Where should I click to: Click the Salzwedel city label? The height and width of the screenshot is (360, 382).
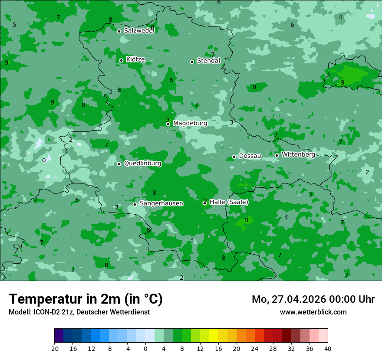[139, 31]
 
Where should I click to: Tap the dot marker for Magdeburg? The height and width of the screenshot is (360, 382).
[168, 124]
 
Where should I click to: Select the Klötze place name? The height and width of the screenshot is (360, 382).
[135, 60]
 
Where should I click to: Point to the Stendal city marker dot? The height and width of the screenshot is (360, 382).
[192, 62]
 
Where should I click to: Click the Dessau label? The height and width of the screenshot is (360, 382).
[250, 156]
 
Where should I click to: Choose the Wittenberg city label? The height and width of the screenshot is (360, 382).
[298, 155]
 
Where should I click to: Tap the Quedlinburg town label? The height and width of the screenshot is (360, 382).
[142, 164]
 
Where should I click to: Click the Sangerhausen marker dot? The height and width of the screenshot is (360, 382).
[135, 204]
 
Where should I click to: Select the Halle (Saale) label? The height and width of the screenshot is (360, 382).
[229, 202]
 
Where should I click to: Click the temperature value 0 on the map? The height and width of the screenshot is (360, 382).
[44, 160]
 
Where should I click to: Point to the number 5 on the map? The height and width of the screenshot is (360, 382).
[14, 25]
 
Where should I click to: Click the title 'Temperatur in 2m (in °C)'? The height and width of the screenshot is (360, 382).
[86, 299]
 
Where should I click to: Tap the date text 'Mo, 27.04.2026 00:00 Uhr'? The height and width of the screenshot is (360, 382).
[313, 299]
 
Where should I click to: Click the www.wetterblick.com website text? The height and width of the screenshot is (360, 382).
[313, 312]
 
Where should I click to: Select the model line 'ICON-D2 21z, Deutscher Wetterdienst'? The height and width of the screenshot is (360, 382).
[79, 312]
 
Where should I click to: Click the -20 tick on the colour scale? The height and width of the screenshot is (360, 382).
[54, 348]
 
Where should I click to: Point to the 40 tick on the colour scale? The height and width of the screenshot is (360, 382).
[327, 348]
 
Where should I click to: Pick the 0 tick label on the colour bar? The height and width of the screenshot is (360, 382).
[145, 348]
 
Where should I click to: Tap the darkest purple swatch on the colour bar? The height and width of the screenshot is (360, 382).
[59, 336]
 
